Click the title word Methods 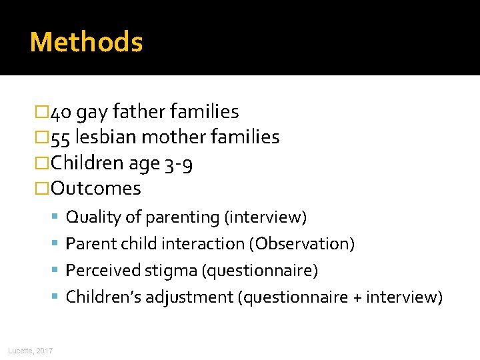click(86, 42)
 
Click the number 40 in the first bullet click(61, 112)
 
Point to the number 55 click(61, 137)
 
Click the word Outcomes click(96, 189)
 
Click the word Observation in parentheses click(301, 244)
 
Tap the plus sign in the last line click(358, 297)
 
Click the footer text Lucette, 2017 click(31, 351)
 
